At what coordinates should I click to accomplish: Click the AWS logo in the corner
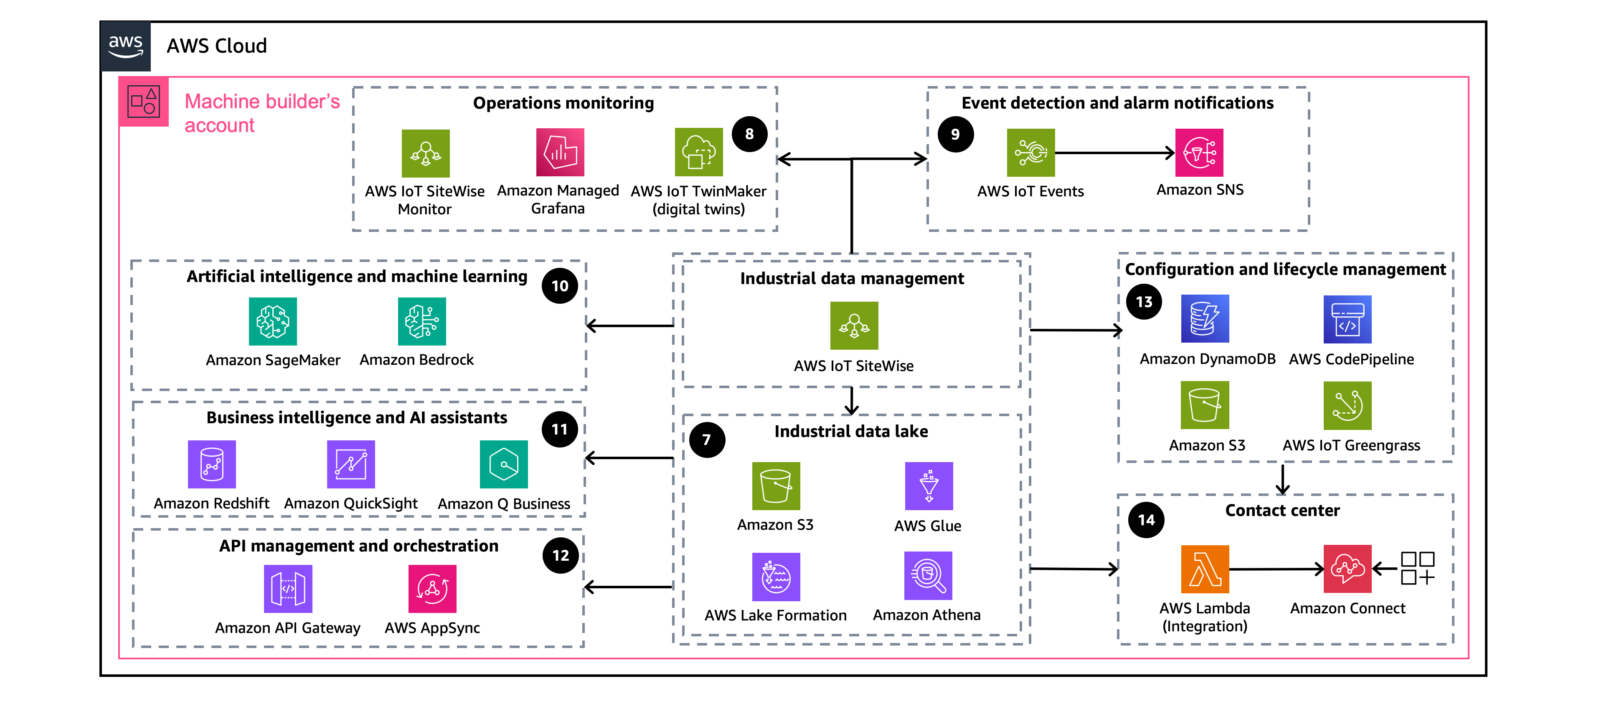tap(125, 46)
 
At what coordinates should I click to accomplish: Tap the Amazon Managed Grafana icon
tap(560, 153)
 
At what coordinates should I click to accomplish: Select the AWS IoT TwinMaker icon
tap(699, 153)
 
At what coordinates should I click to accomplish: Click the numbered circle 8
tap(749, 134)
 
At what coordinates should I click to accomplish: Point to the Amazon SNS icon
tap(1199, 153)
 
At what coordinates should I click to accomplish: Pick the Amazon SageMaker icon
tap(273, 321)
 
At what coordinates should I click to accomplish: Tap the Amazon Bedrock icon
tap(421, 321)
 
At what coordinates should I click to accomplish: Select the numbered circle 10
tap(560, 286)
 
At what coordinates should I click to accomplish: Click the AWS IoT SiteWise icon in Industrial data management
tap(854, 326)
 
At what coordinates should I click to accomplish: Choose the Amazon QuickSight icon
tap(350, 465)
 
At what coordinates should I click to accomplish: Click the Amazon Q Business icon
tap(503, 465)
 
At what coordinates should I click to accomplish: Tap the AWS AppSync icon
tap(432, 589)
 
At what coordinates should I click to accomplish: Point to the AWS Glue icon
tap(929, 486)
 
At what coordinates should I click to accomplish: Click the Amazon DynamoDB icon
tap(1205, 319)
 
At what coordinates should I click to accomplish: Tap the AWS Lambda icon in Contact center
tap(1205, 569)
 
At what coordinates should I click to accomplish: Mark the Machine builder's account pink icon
tap(144, 102)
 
